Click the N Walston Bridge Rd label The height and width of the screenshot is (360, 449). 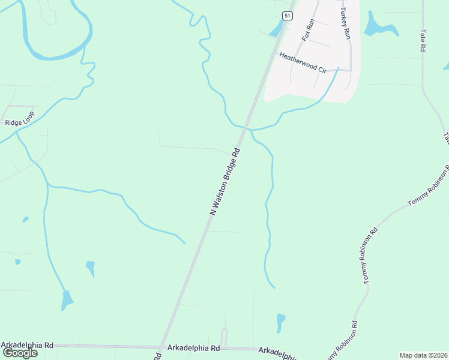point(226,181)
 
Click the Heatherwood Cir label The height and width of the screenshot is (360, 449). point(303,62)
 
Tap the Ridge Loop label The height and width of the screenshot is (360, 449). point(20,119)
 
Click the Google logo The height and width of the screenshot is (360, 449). point(20,353)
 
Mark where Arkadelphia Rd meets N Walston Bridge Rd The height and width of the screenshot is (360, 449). point(161,347)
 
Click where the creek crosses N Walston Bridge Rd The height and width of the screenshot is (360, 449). point(246,128)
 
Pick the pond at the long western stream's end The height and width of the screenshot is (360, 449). point(67,299)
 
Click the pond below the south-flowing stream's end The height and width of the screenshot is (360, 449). point(280,322)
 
